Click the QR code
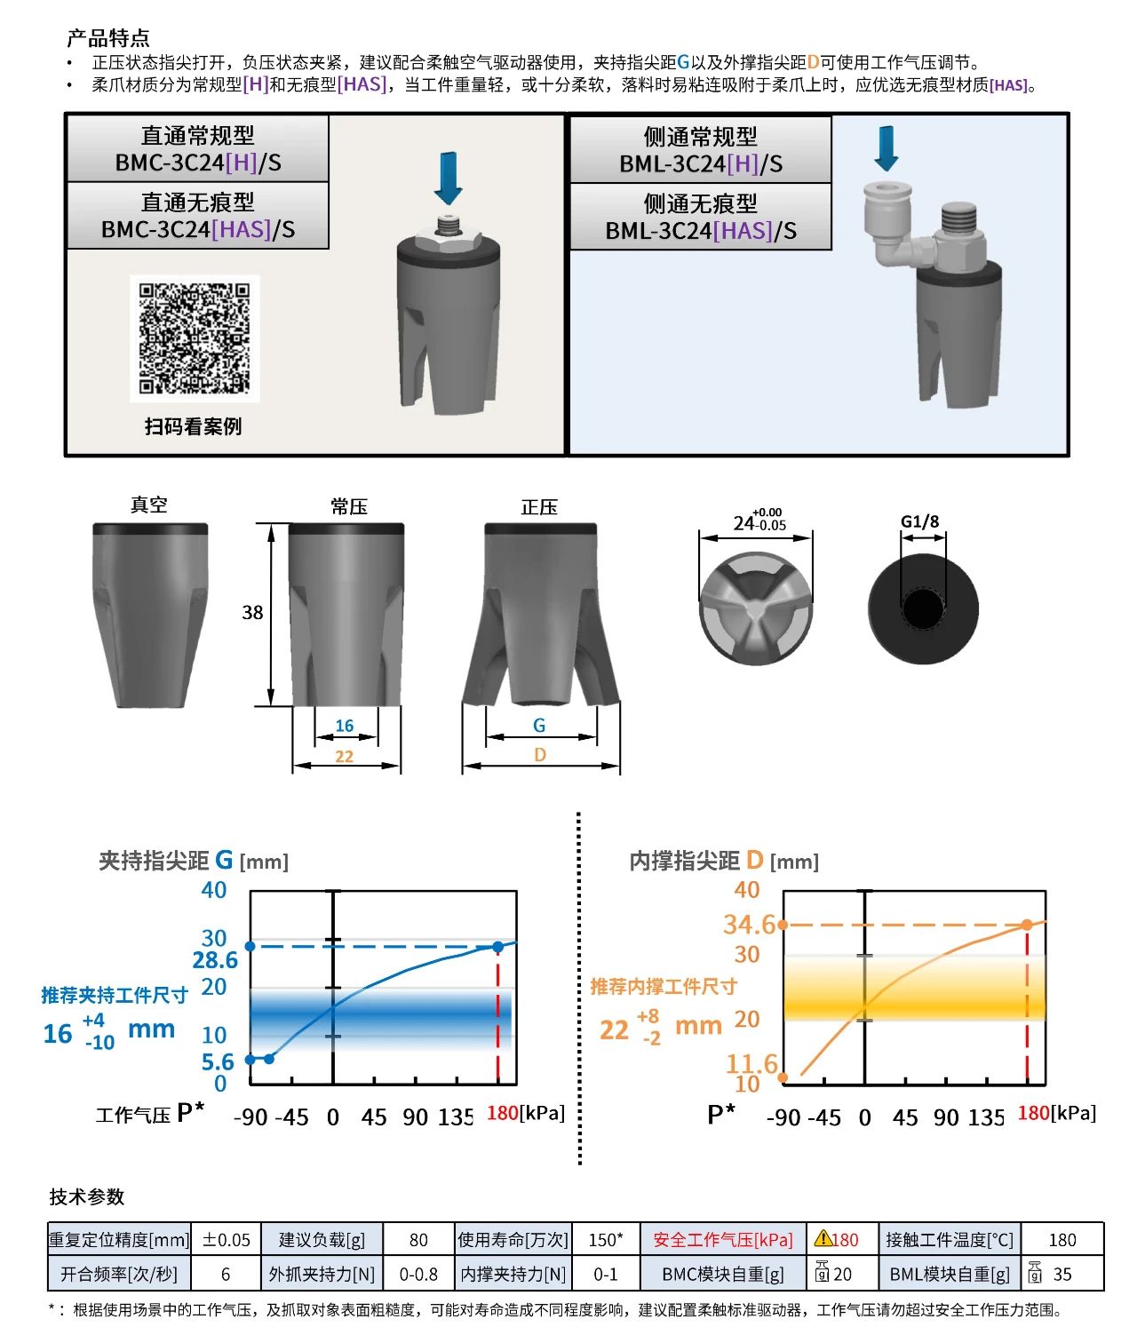(195, 338)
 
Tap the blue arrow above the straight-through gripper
(448, 179)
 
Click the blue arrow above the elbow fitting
(887, 149)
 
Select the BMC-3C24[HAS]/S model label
(198, 229)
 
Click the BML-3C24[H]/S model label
(700, 163)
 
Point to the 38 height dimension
(252, 612)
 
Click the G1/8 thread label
(919, 521)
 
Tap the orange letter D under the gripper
(540, 754)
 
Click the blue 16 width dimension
(345, 725)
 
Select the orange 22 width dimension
(345, 756)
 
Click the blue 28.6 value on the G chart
(215, 959)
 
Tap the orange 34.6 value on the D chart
(750, 924)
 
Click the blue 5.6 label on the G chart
(217, 1061)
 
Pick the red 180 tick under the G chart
(502, 1113)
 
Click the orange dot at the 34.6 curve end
(1027, 925)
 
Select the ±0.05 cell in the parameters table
(227, 1240)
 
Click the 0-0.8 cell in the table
(418, 1274)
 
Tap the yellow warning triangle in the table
(823, 1237)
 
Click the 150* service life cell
(606, 1240)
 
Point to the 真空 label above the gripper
(149, 505)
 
